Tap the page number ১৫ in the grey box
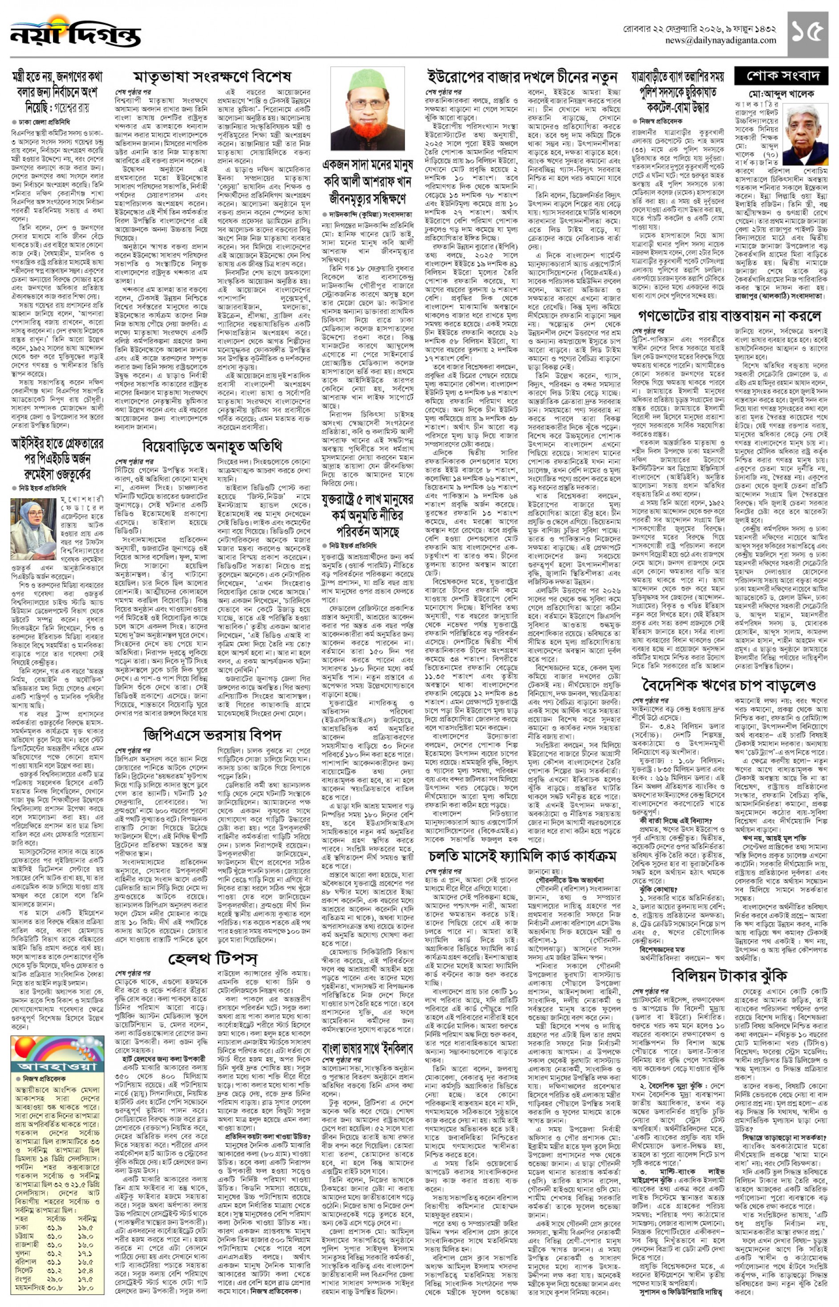pos(807,34)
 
